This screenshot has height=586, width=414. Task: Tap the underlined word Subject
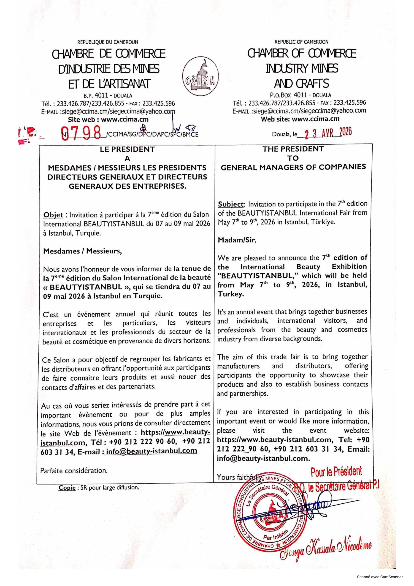click(231, 204)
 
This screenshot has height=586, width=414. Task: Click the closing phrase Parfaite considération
click(74, 470)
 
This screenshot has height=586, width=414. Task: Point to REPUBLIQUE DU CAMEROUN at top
click(108, 42)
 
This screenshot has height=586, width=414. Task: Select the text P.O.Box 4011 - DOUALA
click(300, 95)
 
